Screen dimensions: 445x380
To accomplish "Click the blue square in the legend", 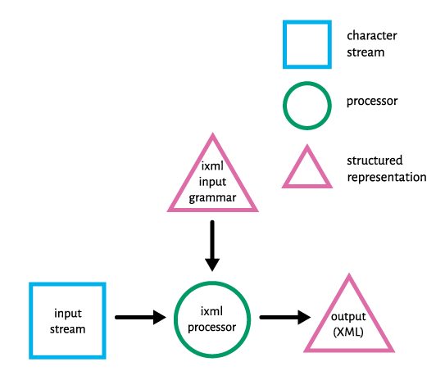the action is (284, 44).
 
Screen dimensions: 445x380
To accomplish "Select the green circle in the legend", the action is (284, 106).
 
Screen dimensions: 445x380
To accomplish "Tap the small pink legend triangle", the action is (307, 186).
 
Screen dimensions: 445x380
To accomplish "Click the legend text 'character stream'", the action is (372, 44).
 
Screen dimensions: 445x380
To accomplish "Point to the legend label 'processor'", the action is (372, 102).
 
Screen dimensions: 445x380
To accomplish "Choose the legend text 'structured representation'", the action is (387, 169).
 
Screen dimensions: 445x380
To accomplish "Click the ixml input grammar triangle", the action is (212, 210).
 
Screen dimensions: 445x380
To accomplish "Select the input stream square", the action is (30, 320).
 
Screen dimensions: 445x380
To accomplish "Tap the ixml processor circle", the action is (176, 319).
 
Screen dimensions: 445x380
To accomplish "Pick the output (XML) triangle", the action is (349, 351).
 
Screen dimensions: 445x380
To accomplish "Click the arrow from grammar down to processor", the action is (212, 246).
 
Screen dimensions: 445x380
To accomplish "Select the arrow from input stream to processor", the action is (140, 317).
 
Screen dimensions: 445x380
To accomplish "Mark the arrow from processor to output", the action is (285, 317).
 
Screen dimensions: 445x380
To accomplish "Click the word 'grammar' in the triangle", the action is (212, 198).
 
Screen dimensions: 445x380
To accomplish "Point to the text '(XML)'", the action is (348, 332).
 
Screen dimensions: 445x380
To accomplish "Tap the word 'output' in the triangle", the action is (348, 316).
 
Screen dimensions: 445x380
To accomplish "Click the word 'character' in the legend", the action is (372, 36).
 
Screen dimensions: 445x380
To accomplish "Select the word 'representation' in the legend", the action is (387, 177).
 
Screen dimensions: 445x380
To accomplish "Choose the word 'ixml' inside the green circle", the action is (211, 311).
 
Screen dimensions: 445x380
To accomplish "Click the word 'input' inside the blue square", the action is (68, 314).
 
